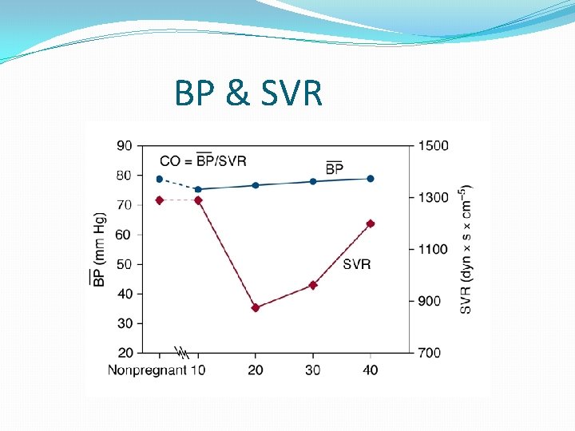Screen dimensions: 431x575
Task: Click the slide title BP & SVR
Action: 248,94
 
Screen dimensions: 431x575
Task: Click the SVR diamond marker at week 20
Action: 256,307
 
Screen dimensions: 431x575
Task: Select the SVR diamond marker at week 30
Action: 313,285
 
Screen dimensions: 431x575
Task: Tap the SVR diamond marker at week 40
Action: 371,223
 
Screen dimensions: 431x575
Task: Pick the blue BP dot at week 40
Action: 371,179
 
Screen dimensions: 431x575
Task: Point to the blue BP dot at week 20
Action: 256,185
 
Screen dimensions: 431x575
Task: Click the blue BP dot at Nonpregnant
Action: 160,180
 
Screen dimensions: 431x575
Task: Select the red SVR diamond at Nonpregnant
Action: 160,200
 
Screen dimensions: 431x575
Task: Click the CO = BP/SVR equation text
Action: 203,160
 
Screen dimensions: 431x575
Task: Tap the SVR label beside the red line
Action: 356,264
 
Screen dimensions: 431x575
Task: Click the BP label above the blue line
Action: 335,168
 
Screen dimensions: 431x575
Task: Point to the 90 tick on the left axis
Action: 125,146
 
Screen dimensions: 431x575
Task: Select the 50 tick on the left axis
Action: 125,264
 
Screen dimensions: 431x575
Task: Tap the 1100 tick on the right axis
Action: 433,249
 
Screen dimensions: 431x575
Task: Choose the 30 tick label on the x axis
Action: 313,370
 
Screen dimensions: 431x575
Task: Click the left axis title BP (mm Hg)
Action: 98,249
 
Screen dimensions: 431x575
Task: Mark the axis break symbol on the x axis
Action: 181,352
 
